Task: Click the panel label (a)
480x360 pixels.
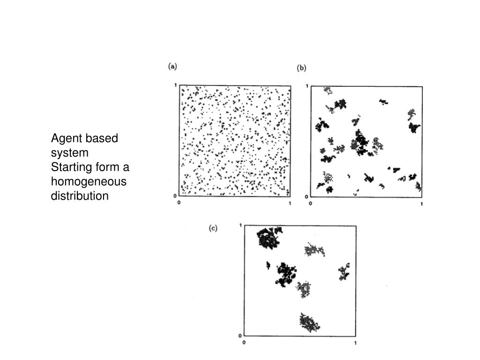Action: tap(172, 67)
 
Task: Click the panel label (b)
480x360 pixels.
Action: tap(301, 68)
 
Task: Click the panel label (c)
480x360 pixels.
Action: tap(213, 228)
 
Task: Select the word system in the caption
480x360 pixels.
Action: tap(69, 153)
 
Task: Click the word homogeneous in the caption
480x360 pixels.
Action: tap(89, 181)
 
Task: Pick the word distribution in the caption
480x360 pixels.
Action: tap(80, 195)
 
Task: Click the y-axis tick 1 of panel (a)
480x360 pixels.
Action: tap(175, 85)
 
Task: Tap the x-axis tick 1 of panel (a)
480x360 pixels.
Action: tap(290, 203)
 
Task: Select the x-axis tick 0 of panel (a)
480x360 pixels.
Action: tap(179, 202)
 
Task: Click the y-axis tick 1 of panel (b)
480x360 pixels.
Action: tap(307, 86)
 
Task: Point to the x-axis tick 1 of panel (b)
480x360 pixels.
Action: tap(421, 204)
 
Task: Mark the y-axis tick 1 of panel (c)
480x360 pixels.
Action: tap(240, 225)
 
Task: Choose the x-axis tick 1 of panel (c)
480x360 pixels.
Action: tap(355, 343)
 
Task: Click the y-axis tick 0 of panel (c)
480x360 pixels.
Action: tap(240, 336)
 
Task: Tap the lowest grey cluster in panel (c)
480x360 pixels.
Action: tap(309, 322)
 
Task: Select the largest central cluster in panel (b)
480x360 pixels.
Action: tap(360, 143)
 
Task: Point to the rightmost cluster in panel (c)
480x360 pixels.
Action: tap(344, 272)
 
